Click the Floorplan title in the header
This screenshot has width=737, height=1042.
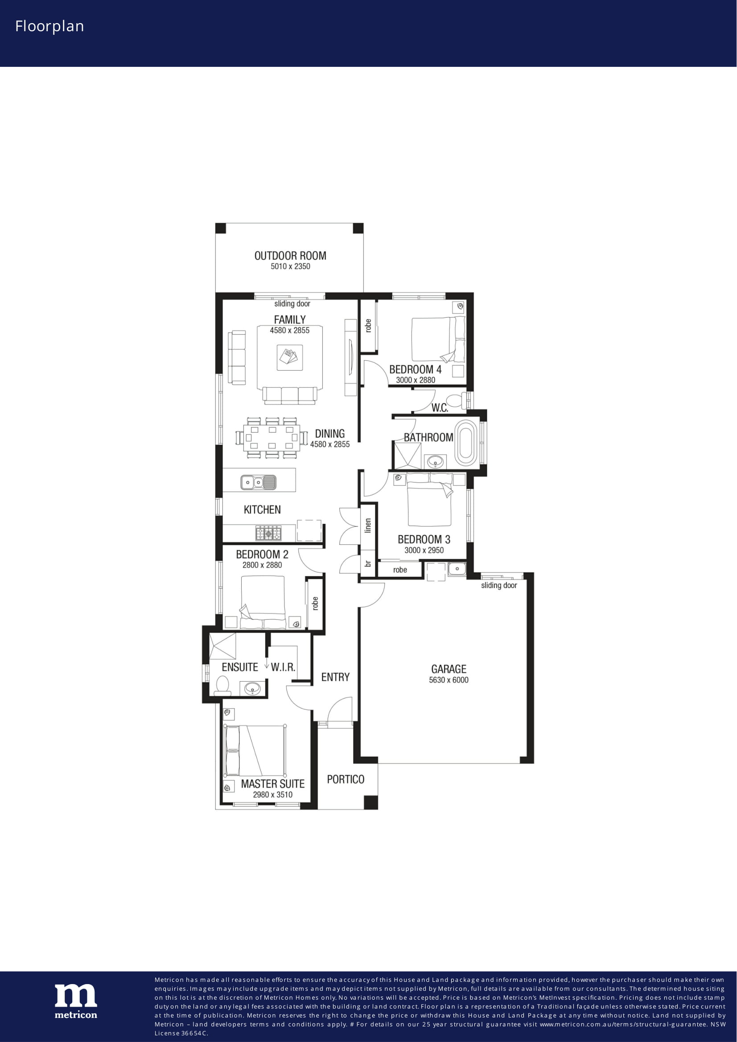(49, 27)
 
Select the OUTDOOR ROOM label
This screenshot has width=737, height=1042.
(290, 256)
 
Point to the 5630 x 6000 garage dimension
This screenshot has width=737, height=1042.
(449, 680)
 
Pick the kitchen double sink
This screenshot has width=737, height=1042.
(258, 482)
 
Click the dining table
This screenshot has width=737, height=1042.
(272, 437)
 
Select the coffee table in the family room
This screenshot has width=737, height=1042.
(290, 357)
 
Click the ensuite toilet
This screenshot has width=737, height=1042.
(222, 685)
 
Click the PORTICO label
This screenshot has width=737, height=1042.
(346, 779)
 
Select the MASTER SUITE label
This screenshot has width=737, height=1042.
(272, 784)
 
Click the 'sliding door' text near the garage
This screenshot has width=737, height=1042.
(499, 585)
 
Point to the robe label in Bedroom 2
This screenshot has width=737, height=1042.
(315, 603)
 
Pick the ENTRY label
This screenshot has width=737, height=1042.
(335, 677)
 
